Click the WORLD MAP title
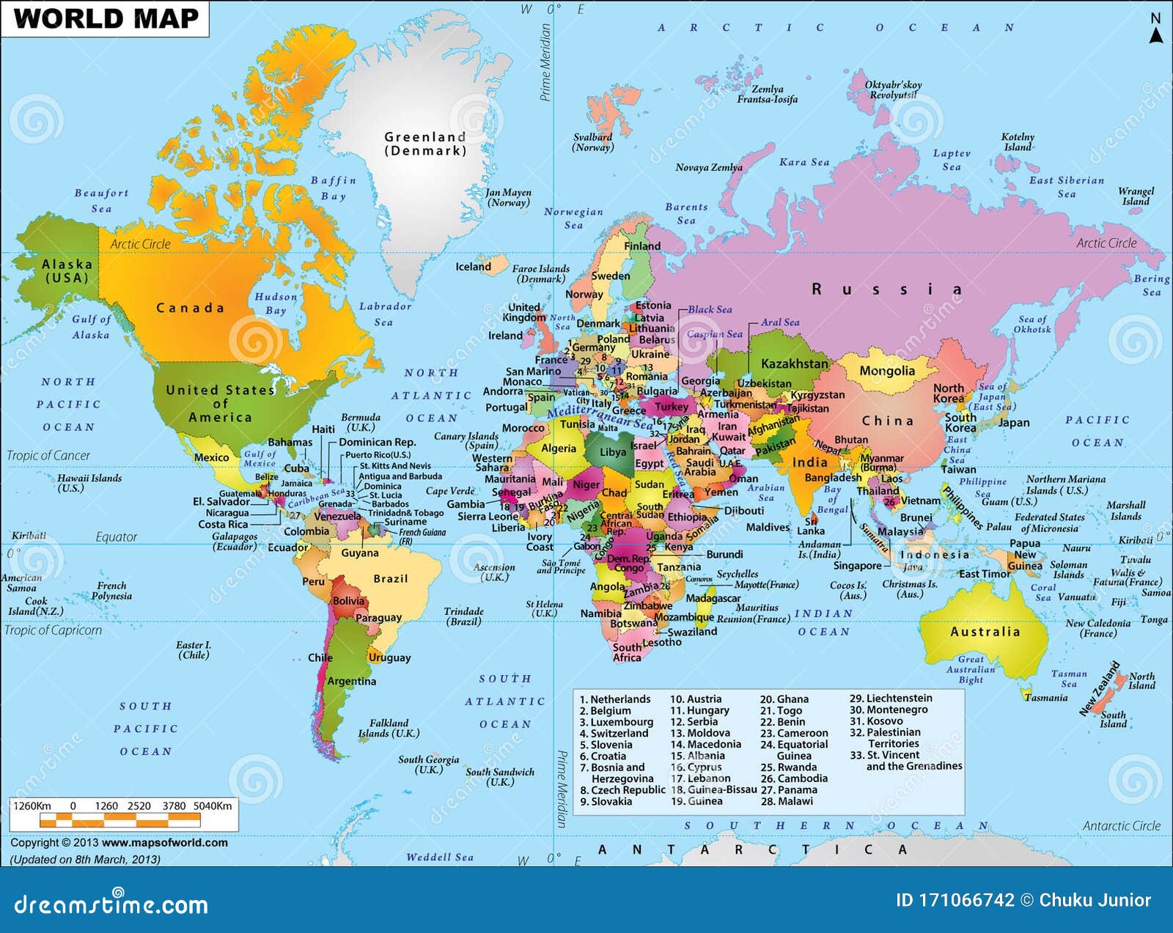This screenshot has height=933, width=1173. click(x=106, y=18)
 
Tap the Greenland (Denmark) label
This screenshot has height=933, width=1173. click(x=425, y=144)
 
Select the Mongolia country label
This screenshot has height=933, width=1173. click(x=887, y=371)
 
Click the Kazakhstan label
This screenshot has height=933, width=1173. click(x=794, y=364)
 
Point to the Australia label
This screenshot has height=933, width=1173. click(x=985, y=632)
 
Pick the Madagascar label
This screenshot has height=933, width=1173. click(x=713, y=598)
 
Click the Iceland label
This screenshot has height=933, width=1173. click(x=473, y=267)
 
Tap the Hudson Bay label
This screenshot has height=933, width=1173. click(x=276, y=303)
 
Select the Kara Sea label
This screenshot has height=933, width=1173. click(x=804, y=163)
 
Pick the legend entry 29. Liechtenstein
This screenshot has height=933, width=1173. click(x=891, y=698)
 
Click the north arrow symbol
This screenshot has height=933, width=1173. click(x=1155, y=29)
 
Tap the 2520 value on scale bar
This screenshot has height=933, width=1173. click(x=139, y=806)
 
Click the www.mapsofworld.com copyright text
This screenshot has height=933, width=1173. click(x=164, y=843)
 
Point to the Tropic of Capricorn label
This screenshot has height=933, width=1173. click(x=53, y=630)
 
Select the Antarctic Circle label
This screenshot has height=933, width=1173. click(x=1121, y=826)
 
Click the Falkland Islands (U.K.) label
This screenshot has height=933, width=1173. click(x=389, y=728)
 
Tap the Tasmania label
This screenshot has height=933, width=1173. click(x=1046, y=698)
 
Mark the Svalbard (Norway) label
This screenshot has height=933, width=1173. click(x=592, y=142)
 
